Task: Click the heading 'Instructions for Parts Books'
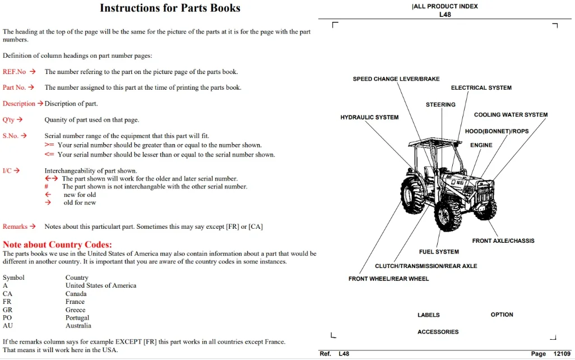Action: pos(170,8)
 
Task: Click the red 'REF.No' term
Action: pos(15,72)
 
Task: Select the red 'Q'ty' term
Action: pos(8,119)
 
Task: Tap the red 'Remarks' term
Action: pos(15,227)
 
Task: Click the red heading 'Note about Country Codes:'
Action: pos(57,244)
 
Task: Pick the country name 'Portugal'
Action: pos(77,317)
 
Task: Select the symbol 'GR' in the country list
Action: pos(7,310)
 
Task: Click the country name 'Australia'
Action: pos(78,325)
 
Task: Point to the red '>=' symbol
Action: pos(49,145)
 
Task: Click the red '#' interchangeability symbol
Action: pos(46,186)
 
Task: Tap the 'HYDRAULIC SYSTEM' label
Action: pos(369,117)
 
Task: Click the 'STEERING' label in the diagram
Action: pos(440,105)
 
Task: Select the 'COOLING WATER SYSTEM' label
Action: pos(511,115)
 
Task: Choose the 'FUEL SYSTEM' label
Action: pos(439,252)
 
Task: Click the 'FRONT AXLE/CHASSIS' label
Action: pos(503,241)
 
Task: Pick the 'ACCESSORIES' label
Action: pos(438,332)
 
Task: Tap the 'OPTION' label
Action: pos(502,315)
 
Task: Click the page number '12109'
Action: pos(562,354)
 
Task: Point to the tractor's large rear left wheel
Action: pos(413,195)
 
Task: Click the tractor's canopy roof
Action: pos(435,142)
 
